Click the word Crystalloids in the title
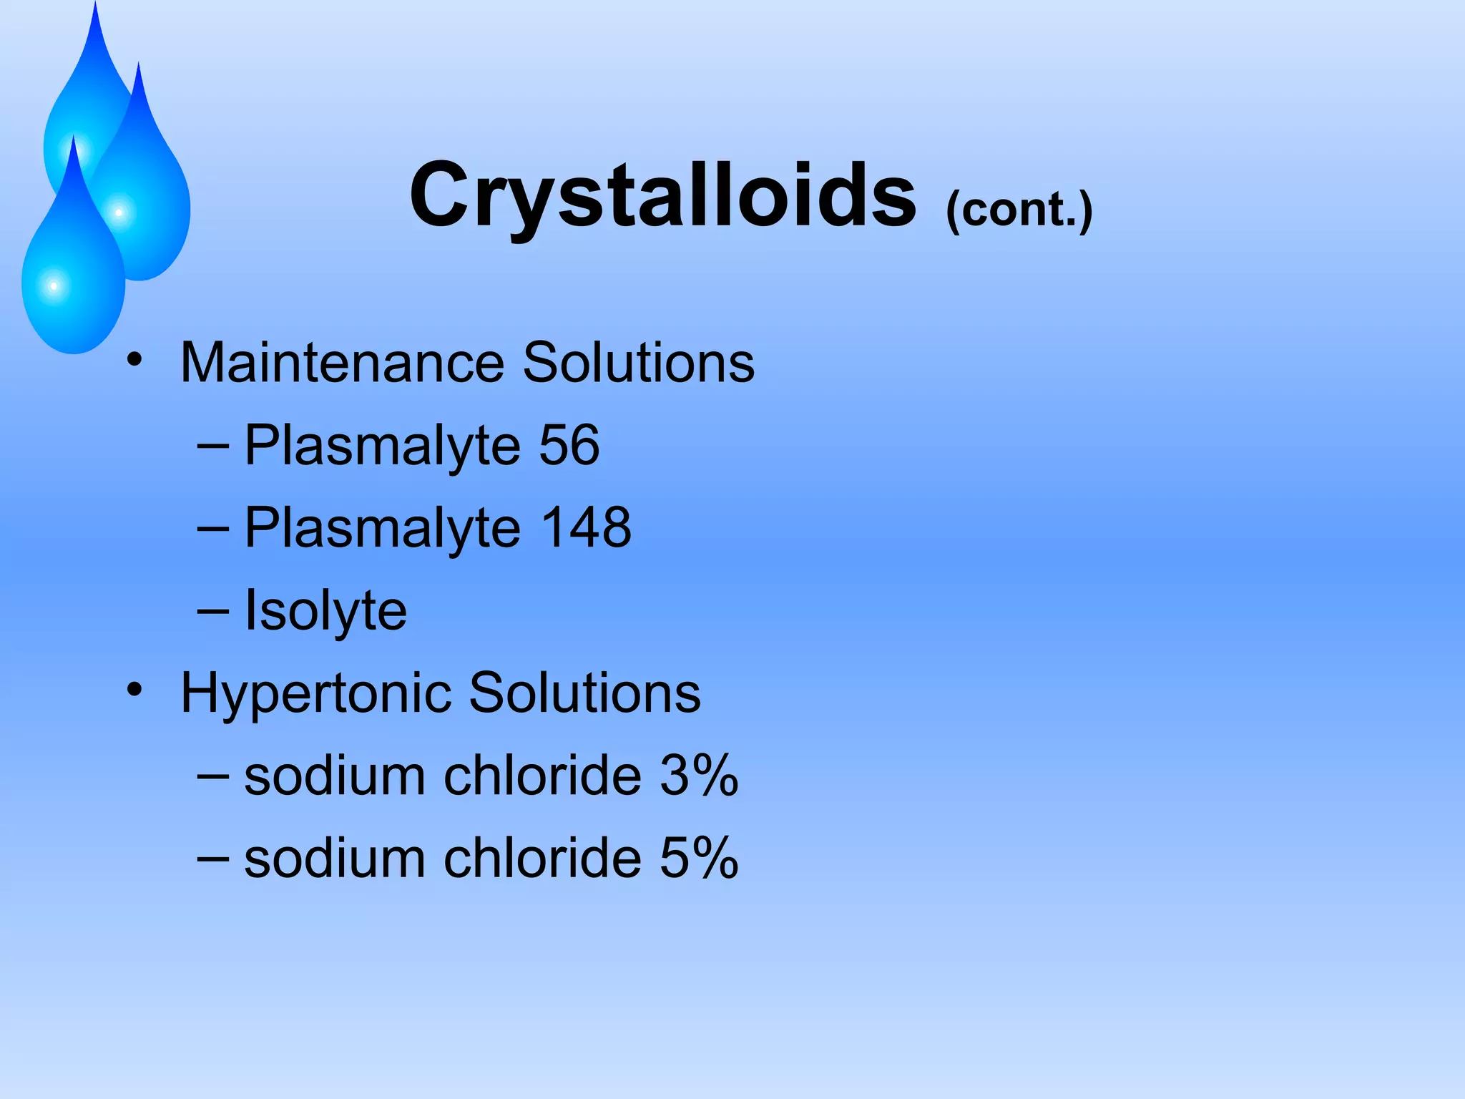coord(662,195)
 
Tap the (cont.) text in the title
coord(1019,210)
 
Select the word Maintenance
coord(342,363)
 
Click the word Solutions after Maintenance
coord(638,363)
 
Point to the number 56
coord(569,445)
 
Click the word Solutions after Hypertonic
coord(584,693)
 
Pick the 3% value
coord(698,775)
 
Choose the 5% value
coord(698,858)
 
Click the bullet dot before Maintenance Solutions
coord(134,359)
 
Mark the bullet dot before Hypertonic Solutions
coord(134,690)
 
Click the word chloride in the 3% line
coord(542,775)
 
